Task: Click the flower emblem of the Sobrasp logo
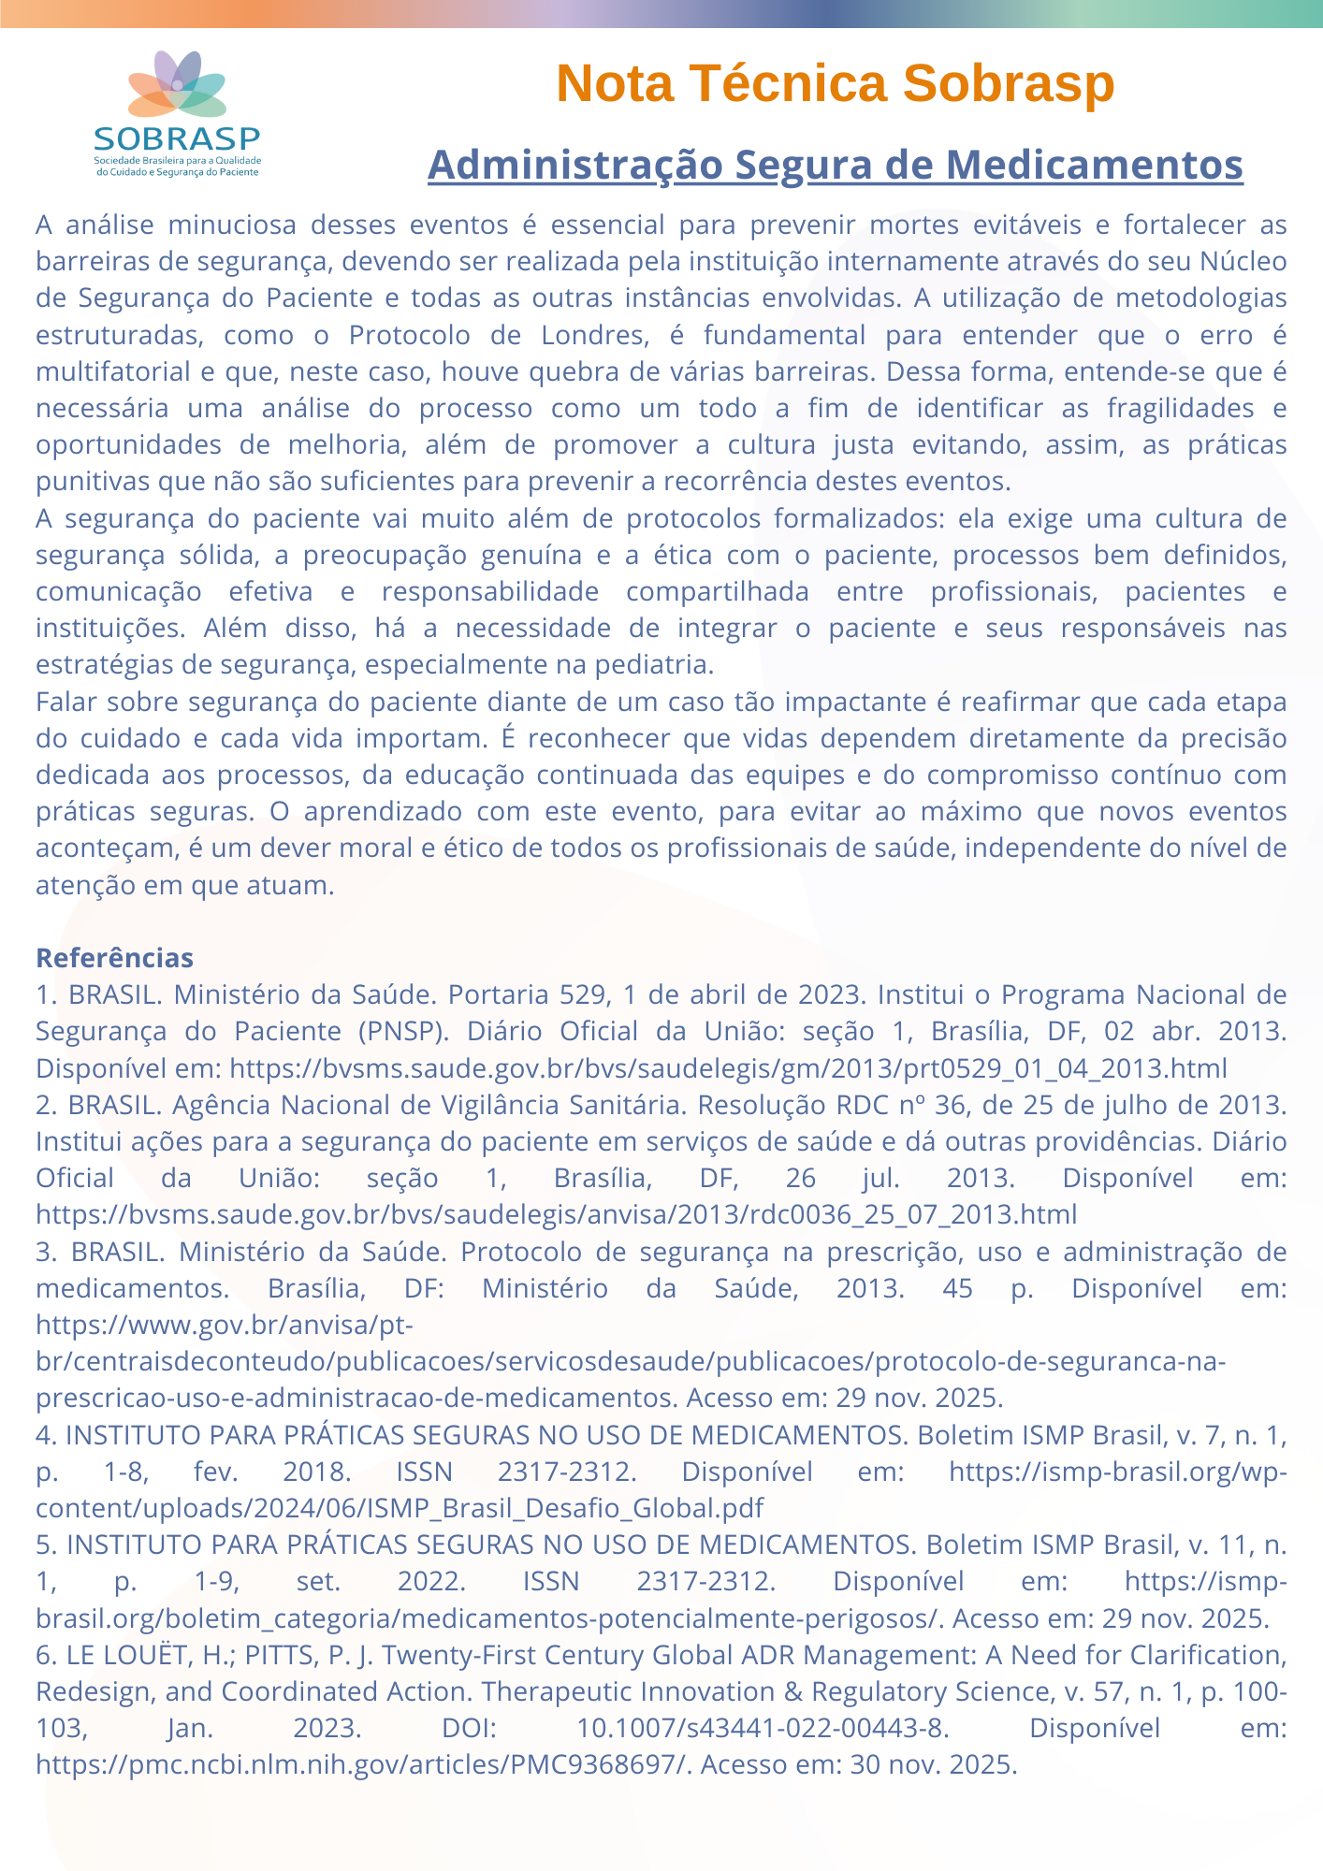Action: (177, 85)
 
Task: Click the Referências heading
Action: (114, 958)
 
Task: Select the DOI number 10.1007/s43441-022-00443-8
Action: (759, 1728)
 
